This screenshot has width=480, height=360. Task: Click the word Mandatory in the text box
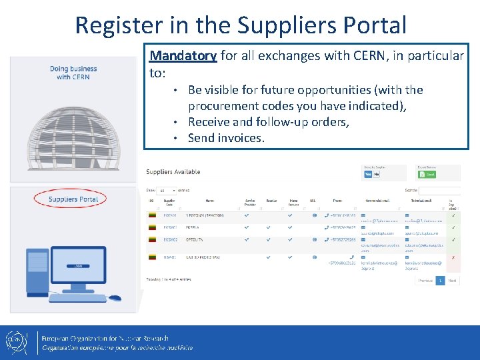click(183, 56)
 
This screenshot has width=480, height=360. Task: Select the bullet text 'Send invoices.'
click(226, 138)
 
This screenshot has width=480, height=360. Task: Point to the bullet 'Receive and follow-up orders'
click(268, 122)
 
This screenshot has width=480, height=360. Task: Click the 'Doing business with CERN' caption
click(73, 73)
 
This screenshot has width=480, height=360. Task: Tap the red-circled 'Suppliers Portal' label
click(73, 199)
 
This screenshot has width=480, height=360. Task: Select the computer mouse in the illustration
click(115, 298)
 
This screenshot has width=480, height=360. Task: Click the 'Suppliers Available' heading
click(173, 172)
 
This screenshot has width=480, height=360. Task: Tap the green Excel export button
click(426, 175)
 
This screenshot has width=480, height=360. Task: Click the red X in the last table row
click(453, 257)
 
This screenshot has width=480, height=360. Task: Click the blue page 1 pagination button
click(440, 281)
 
